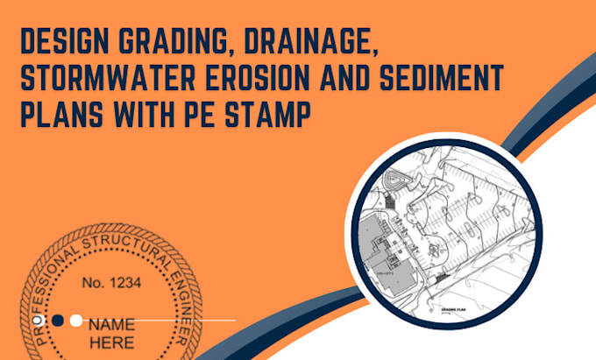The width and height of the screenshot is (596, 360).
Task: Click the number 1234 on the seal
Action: tap(110, 282)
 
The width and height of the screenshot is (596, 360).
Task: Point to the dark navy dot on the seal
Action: tap(58, 320)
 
